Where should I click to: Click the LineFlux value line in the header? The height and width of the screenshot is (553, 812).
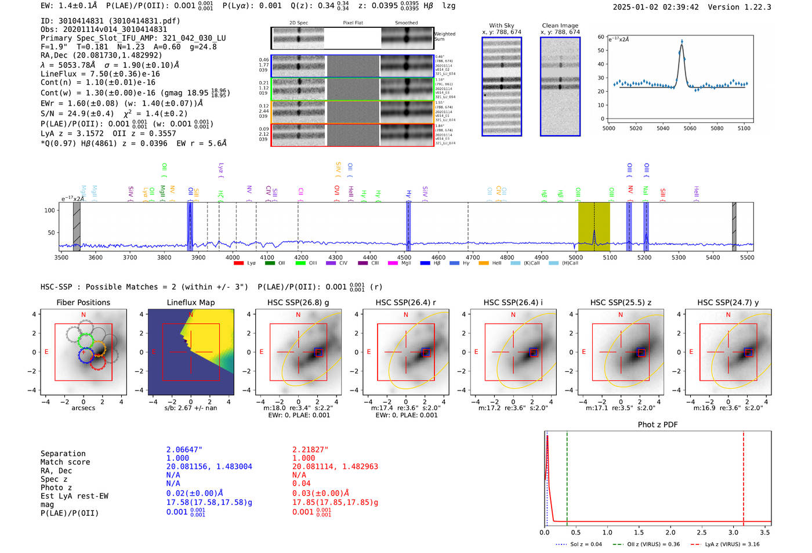pos(100,74)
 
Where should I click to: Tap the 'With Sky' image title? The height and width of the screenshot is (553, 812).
pos(501,26)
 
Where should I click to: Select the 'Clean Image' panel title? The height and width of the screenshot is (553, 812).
pos(560,26)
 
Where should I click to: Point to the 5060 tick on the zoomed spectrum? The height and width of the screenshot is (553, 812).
pos(690,128)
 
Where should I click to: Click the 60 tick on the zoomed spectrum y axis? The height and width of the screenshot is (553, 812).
pos(601,37)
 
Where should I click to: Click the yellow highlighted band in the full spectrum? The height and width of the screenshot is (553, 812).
pos(594,226)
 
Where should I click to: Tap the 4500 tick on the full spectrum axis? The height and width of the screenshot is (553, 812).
pos(404,258)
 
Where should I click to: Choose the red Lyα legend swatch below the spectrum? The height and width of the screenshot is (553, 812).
pos(238,263)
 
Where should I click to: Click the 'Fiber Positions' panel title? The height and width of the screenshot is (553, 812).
pos(83,302)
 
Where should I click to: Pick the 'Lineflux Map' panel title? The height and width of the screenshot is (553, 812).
pos(190,302)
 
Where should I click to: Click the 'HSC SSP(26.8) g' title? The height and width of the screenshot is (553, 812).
pos(298,302)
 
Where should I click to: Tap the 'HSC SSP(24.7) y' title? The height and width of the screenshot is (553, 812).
pos(728,302)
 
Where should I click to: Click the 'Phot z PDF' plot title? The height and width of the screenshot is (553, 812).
pos(658,425)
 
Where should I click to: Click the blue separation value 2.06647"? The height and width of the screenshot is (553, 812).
pos(184,450)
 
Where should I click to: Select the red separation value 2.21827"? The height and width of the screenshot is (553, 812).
pos(310,450)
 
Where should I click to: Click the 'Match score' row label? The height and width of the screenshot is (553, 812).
pos(65,462)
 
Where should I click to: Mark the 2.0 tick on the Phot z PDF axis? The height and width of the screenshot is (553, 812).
pos(670,532)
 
